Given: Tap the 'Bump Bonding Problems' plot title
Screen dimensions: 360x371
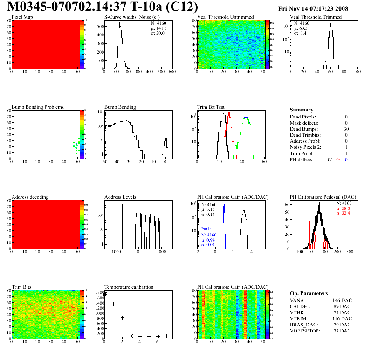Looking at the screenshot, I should coord(38,107).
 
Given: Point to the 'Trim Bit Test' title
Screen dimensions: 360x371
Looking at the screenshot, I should coord(211,107).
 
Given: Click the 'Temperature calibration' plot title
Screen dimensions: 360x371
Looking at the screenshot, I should coord(129,287).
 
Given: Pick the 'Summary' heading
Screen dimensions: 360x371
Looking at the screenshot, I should coord(302,110).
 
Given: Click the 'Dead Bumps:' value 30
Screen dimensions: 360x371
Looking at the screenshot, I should coord(345,129).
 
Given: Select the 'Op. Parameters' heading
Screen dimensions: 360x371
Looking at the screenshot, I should coord(309,293).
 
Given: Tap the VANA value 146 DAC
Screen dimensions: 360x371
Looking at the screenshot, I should coord(342,301).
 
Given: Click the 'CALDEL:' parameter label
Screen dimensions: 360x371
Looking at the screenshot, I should coord(301,307).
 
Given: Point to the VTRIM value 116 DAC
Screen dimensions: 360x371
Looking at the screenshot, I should coord(342,319).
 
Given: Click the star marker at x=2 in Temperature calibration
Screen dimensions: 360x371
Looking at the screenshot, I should coord(122,318).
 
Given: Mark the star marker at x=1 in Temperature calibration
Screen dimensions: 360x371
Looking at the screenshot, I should coord(113,304).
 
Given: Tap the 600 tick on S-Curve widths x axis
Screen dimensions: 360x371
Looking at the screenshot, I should coord(172,72).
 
